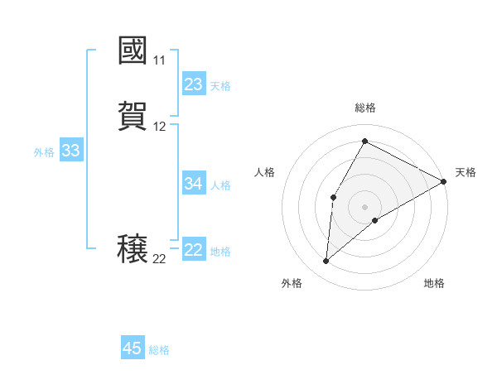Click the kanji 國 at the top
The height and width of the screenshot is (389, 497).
[x=133, y=51]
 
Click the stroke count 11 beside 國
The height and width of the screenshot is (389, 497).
[x=159, y=60]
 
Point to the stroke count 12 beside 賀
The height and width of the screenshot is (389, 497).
[x=159, y=127]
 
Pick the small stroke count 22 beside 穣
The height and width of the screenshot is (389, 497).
[x=159, y=259]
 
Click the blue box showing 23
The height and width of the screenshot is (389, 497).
[x=194, y=84]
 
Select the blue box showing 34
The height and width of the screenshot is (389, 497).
[x=194, y=184]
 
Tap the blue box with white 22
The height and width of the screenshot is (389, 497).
[x=194, y=250]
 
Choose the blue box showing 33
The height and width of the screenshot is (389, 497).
[x=70, y=151]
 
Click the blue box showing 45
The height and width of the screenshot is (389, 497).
[x=133, y=348]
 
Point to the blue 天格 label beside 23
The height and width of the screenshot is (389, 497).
[x=220, y=86]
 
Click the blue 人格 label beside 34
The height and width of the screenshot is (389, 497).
[x=220, y=185]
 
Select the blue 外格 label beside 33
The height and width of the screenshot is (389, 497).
[x=44, y=152]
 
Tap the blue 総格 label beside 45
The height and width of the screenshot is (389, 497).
[x=159, y=350]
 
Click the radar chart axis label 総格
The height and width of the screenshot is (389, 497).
[x=365, y=108]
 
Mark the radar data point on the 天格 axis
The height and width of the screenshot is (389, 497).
[x=445, y=183]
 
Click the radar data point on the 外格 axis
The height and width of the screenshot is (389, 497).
[x=326, y=262]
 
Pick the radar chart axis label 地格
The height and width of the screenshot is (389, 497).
[x=434, y=284]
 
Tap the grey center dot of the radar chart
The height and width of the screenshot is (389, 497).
[x=365, y=207]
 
